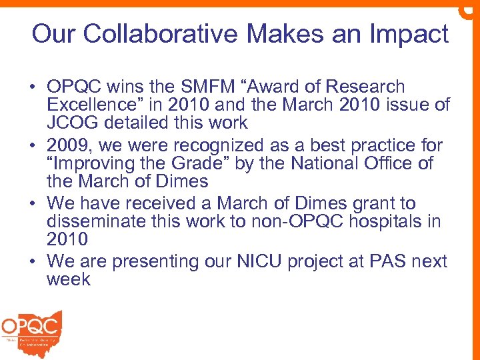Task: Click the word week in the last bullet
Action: click(x=68, y=279)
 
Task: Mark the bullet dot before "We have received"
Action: click(x=32, y=204)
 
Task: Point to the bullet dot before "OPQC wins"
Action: click(x=32, y=87)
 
